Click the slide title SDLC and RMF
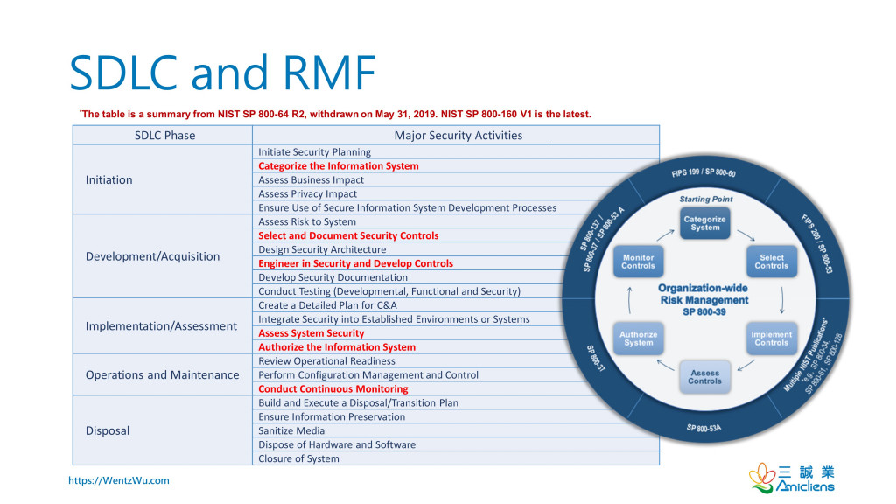point(222,73)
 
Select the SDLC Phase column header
point(165,136)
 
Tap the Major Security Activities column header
point(458,136)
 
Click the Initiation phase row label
point(109,179)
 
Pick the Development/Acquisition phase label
point(152,256)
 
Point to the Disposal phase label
point(108,430)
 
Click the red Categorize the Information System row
point(339,165)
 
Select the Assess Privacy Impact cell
point(307,193)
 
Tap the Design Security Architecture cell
point(322,249)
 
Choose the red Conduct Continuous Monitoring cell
point(333,389)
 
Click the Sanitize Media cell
point(291,430)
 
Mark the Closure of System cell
point(298,458)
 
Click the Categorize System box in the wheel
point(704,223)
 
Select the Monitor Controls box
point(638,262)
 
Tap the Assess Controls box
point(704,377)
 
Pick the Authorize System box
point(638,339)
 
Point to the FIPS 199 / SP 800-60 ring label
point(703,172)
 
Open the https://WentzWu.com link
point(119,480)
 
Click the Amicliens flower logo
point(762,478)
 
